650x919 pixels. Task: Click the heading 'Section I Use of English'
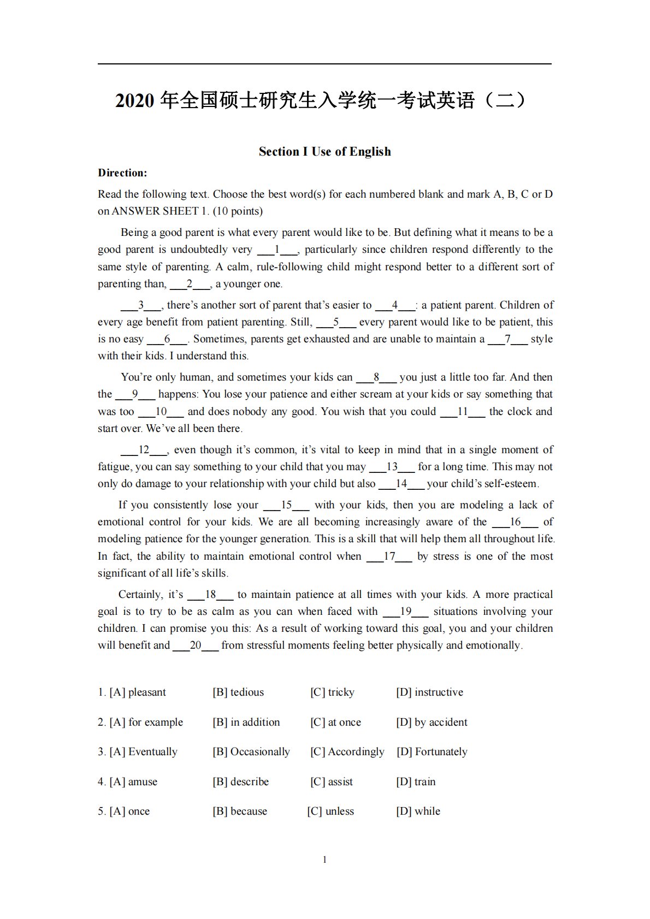click(x=324, y=151)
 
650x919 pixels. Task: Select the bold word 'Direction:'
click(x=122, y=173)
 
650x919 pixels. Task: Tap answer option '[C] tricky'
click(x=332, y=692)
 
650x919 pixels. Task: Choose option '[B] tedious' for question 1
click(x=238, y=692)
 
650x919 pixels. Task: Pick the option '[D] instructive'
click(x=429, y=692)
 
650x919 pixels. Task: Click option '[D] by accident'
click(x=432, y=722)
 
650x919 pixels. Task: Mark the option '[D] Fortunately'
click(x=432, y=752)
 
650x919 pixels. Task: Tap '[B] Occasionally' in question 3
click(x=251, y=752)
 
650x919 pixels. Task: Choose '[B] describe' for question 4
click(x=241, y=782)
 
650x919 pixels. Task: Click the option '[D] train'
click(x=416, y=782)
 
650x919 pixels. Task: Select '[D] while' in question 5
click(x=418, y=811)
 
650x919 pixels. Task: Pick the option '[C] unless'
click(x=330, y=811)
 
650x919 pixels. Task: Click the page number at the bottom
click(x=325, y=860)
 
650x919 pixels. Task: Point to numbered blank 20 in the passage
click(x=196, y=645)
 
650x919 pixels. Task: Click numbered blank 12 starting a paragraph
click(x=144, y=450)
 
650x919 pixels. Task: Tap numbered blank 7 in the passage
click(x=507, y=339)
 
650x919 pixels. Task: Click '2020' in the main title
click(x=135, y=100)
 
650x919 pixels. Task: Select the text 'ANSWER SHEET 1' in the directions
click(x=150, y=211)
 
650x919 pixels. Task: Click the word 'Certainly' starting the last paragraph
click(x=140, y=595)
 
